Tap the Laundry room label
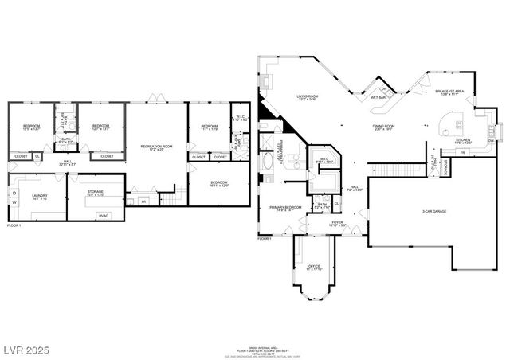click(40, 196)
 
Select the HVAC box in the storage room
click(104, 215)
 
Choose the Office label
click(314, 265)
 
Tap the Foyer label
click(338, 223)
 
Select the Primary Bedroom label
click(285, 209)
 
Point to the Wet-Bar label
click(378, 98)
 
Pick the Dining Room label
click(384, 126)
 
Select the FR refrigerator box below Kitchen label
click(461, 151)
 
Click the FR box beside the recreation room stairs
click(143, 202)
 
